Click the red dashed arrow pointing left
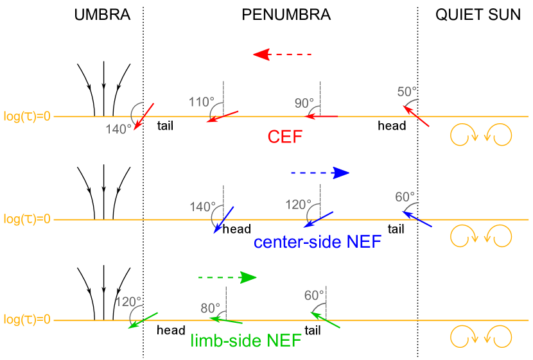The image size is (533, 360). (282, 55)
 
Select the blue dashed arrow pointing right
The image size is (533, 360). (320, 173)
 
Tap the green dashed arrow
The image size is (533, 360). (227, 277)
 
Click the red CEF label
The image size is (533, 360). (284, 137)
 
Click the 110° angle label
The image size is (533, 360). (202, 102)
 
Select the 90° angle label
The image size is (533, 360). (304, 103)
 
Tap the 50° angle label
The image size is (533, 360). (406, 92)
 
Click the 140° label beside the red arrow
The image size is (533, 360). (118, 129)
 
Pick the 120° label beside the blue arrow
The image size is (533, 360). (298, 205)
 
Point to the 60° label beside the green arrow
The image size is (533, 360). (315, 295)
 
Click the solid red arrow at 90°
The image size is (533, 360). (320, 116)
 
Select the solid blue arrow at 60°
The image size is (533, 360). (417, 219)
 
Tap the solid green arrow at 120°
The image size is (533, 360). (143, 320)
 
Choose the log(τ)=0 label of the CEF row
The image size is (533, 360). (27, 117)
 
